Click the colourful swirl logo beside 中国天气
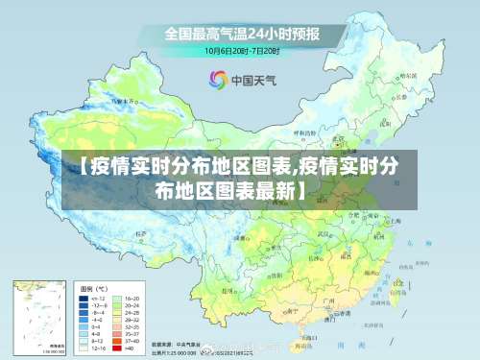coord(217,80)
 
